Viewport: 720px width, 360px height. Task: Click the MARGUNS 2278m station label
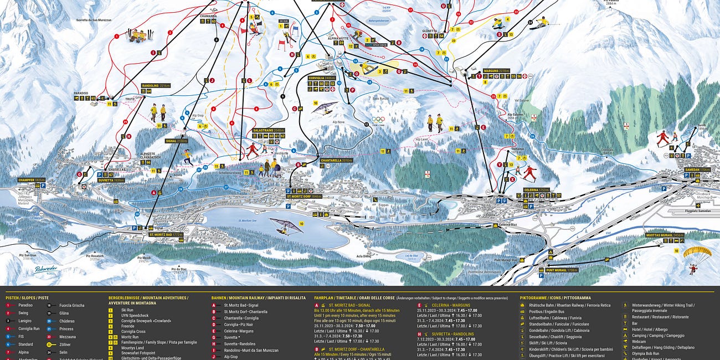coord(496,70)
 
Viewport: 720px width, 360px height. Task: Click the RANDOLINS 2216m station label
coord(156,86)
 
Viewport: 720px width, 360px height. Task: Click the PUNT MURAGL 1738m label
coord(562,270)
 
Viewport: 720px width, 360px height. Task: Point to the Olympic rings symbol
coord(377,119)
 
